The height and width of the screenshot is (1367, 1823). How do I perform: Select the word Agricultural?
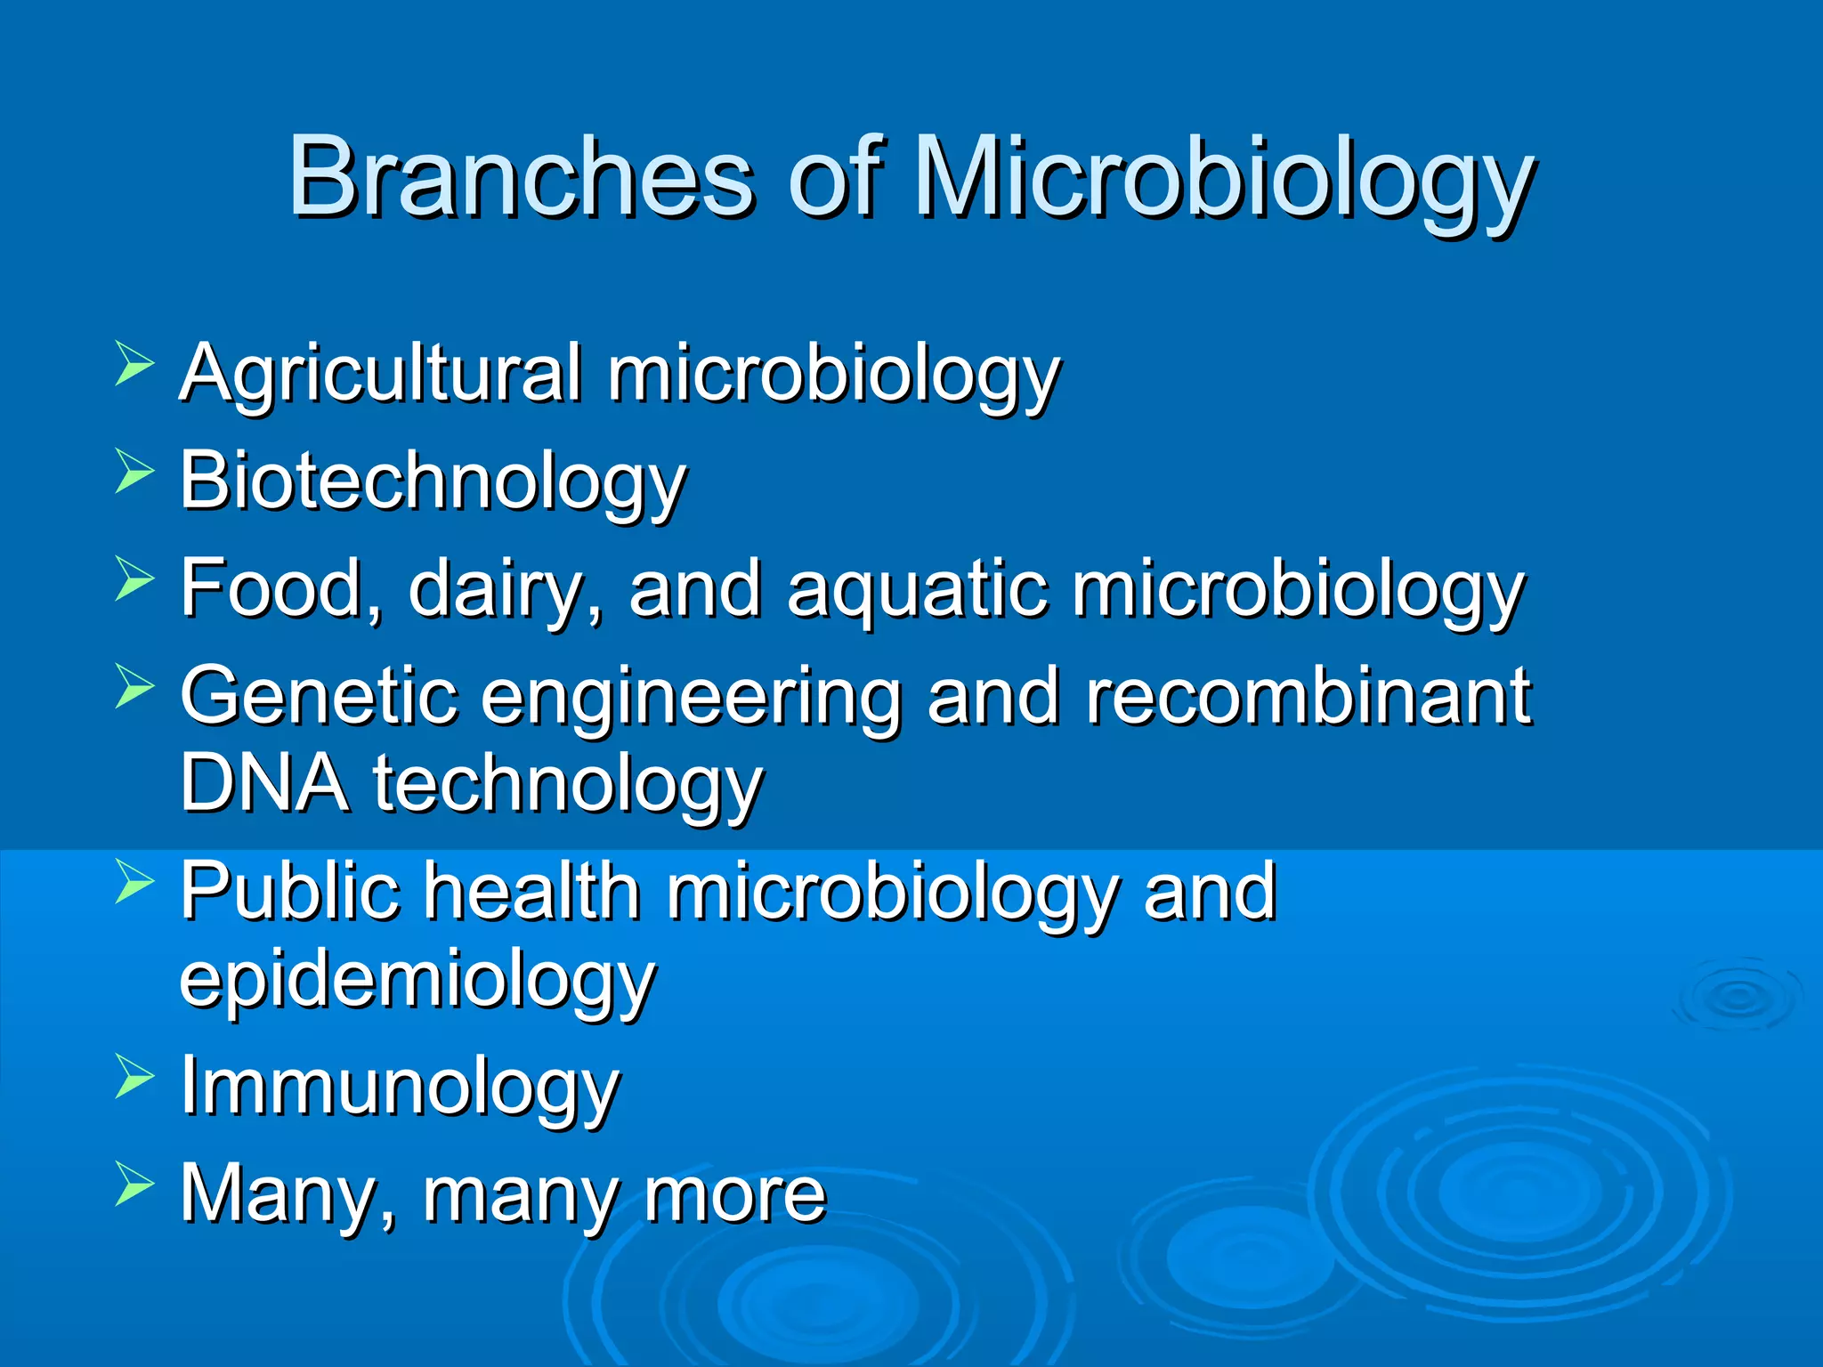[x=381, y=374]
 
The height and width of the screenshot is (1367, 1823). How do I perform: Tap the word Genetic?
[x=319, y=696]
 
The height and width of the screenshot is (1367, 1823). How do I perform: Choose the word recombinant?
[x=1309, y=696]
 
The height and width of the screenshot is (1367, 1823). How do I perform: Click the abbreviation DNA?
[x=264, y=783]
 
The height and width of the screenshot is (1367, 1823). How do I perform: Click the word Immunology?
[x=400, y=1088]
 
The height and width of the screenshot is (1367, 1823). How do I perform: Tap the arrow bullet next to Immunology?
[x=134, y=1077]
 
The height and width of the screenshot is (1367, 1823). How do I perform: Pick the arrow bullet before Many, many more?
[x=134, y=1185]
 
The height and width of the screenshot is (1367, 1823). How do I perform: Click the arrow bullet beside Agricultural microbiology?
[x=134, y=365]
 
